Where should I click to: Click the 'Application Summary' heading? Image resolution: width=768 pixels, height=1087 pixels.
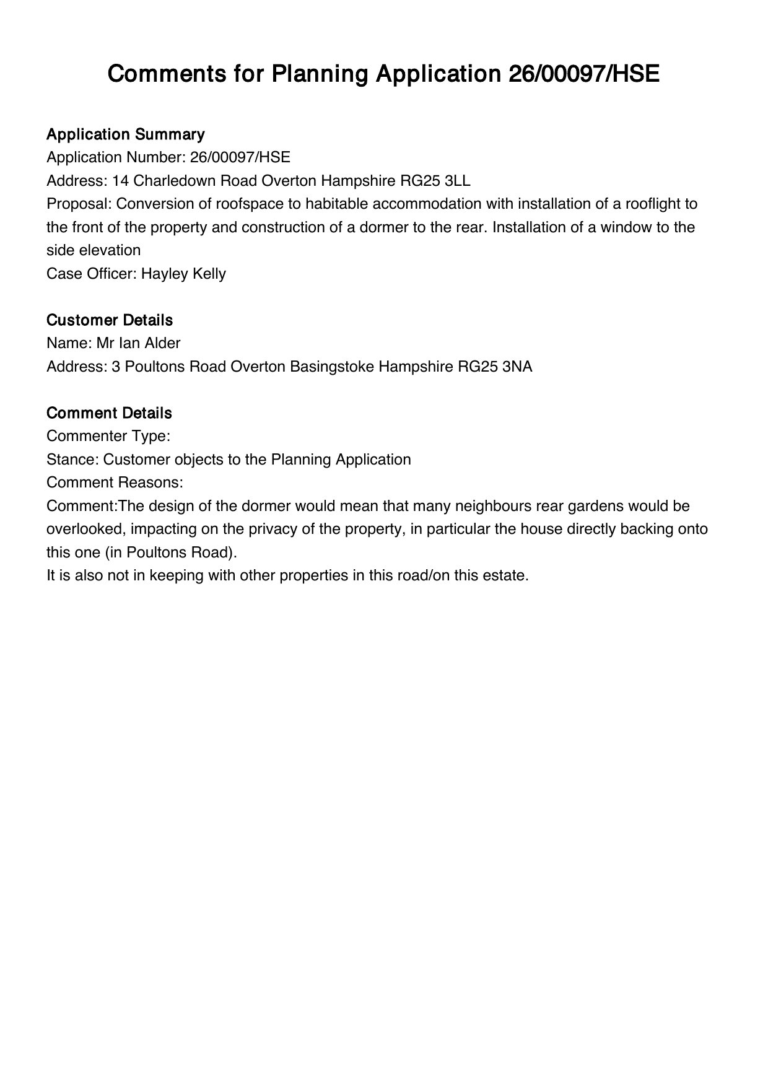coord(125,134)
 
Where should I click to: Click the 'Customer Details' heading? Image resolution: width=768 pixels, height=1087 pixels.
coord(109,320)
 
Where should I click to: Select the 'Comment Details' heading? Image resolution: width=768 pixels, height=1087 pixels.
coord(109,413)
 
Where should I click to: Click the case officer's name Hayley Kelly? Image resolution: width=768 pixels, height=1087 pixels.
coord(183,274)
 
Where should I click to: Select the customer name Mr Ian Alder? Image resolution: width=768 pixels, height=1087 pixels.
coord(138,343)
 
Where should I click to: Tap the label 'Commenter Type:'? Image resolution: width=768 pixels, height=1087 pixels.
coord(108,436)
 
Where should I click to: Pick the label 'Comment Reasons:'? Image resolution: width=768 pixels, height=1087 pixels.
coord(115,482)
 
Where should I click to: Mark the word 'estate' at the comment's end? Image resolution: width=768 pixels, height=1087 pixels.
coord(505,575)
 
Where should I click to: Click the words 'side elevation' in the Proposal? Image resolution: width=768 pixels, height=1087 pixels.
coord(94,250)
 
